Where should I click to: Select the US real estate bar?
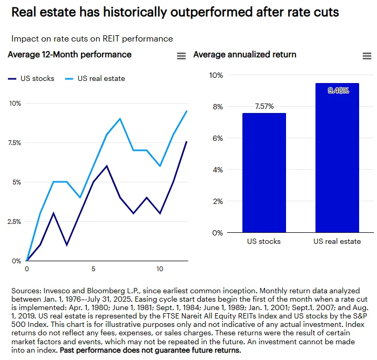(337, 158)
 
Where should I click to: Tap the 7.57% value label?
(264, 106)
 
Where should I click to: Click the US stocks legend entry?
(31, 79)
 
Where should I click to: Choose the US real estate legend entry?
(95, 79)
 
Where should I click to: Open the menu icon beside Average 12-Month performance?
(181, 56)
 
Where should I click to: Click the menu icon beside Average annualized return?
(367, 56)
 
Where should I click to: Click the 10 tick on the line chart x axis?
(160, 269)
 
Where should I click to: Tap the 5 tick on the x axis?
(93, 269)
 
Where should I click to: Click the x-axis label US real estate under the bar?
(337, 242)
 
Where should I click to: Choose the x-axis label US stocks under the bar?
(264, 242)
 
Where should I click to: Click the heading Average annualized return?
(244, 55)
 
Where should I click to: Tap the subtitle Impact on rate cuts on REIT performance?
(92, 38)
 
